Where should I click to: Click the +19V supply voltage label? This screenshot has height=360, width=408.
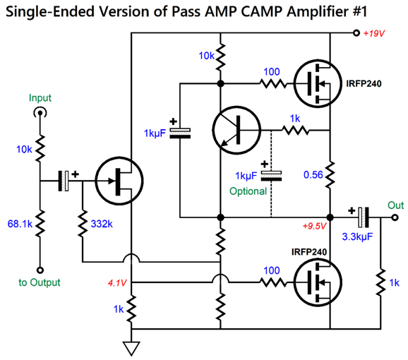tap(374, 34)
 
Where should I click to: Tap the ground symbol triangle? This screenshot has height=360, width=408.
tap(131, 348)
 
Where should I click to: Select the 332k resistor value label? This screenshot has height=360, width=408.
tap(102, 224)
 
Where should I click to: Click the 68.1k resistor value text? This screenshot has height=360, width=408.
tap(20, 224)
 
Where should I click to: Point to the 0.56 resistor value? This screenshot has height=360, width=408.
tap(313, 175)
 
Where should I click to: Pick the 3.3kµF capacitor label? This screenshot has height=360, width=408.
tap(357, 236)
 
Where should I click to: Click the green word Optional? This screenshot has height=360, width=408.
tap(248, 191)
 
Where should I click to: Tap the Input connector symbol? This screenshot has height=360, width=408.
tap(40, 113)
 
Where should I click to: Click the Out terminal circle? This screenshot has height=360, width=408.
tap(395, 217)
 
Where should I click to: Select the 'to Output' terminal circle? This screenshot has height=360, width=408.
tap(40, 270)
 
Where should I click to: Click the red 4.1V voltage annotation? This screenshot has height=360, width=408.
tap(117, 283)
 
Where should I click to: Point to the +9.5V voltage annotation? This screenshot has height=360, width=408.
tap(314, 226)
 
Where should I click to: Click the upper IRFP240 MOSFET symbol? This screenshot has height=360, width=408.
tap(318, 83)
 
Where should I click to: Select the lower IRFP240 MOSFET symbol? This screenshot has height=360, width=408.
tap(318, 282)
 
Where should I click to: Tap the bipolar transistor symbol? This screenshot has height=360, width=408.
tap(236, 130)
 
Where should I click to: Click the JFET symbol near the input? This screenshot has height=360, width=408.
tap(119, 181)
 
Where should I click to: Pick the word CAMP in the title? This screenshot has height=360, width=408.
tap(263, 11)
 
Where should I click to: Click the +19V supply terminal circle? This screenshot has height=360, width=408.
tap(356, 33)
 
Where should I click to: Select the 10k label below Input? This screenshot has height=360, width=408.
tap(24, 150)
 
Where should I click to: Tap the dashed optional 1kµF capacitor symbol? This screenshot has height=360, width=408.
tap(271, 176)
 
